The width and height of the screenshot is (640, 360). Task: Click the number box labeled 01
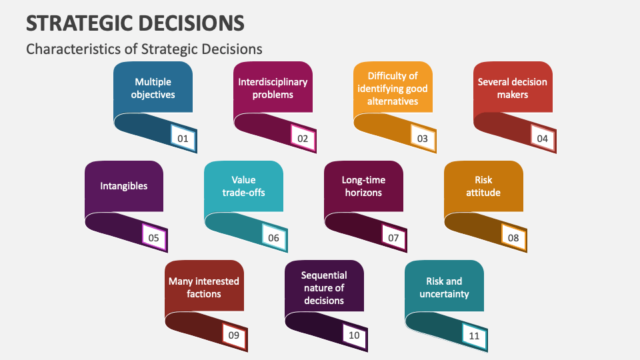click(x=183, y=139)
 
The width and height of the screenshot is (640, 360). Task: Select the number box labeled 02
click(x=303, y=139)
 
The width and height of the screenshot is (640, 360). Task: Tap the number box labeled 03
click(x=423, y=139)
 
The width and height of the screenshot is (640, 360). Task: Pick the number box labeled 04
click(x=543, y=139)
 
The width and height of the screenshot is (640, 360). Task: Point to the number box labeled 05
click(x=154, y=237)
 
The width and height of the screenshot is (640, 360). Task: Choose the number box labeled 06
click(x=273, y=237)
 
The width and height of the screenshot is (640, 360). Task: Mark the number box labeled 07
click(x=393, y=237)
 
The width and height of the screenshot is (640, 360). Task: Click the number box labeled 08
click(x=513, y=237)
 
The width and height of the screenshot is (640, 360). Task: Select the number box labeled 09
click(x=233, y=336)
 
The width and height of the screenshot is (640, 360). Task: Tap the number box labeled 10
click(x=353, y=336)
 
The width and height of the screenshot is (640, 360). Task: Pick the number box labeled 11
click(x=474, y=336)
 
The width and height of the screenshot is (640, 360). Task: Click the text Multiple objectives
click(x=153, y=88)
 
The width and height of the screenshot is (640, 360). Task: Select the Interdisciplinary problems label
click(x=273, y=88)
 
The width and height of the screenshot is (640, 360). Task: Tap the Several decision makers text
click(x=512, y=88)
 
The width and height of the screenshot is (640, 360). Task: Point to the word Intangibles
click(x=124, y=186)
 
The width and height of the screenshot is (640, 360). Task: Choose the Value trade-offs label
click(x=243, y=186)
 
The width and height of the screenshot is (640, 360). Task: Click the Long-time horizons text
click(x=363, y=186)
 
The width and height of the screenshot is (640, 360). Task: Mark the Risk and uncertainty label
click(x=444, y=287)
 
